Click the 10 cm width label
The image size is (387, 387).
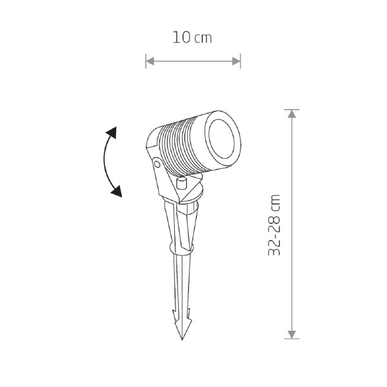(x=192, y=37)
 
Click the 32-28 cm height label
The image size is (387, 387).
(x=274, y=225)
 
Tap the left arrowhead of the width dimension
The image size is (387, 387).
(x=150, y=61)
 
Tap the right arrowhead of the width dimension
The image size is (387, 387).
(x=236, y=61)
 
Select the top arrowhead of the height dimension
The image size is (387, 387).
(x=292, y=114)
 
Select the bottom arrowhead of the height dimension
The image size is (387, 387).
(x=292, y=334)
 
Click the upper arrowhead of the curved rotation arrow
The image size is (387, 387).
(x=112, y=132)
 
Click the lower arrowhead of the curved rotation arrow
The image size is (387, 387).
(x=117, y=192)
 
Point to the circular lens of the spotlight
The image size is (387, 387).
(x=221, y=139)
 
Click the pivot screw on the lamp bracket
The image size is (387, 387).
(x=157, y=163)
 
